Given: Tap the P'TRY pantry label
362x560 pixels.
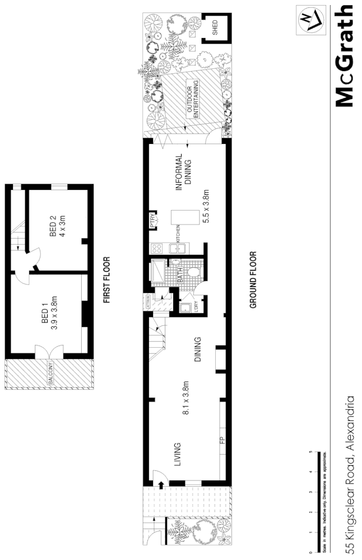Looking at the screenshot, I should point(152,220).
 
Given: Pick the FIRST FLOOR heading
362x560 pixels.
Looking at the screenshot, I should point(106,280).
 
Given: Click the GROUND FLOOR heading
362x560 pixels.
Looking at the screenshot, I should point(253,279).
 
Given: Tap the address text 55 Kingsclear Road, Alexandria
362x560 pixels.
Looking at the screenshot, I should point(350,475).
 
